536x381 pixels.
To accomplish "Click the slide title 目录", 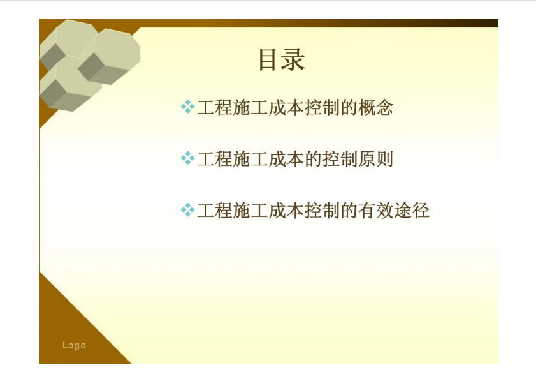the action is [282, 59].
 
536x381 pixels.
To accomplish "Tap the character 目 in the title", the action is [269, 59].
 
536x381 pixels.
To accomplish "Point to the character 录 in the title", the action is [294, 59].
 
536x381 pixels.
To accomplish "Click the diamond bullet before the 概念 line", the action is [187, 107].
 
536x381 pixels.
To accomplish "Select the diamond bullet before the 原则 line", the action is [187, 158].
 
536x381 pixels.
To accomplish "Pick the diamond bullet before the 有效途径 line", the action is [187, 210].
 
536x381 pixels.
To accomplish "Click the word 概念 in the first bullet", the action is [375, 107].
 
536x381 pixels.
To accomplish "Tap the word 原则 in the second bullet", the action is [375, 159].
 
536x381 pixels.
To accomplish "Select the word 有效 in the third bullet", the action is [375, 211].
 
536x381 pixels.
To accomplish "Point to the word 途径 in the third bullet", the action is [412, 211].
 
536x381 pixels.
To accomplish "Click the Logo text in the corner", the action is [74, 345].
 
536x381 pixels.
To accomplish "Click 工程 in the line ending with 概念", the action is [215, 107].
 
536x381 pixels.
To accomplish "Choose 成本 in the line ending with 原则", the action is [286, 159].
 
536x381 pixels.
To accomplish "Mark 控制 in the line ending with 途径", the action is [322, 211].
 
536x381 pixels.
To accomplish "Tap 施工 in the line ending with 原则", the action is [250, 159].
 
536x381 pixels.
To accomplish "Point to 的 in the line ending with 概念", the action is [349, 107].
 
